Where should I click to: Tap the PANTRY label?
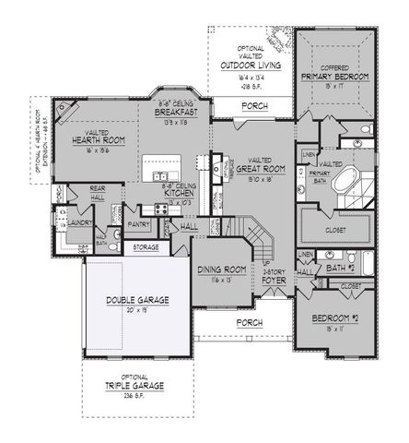point(139,223)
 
